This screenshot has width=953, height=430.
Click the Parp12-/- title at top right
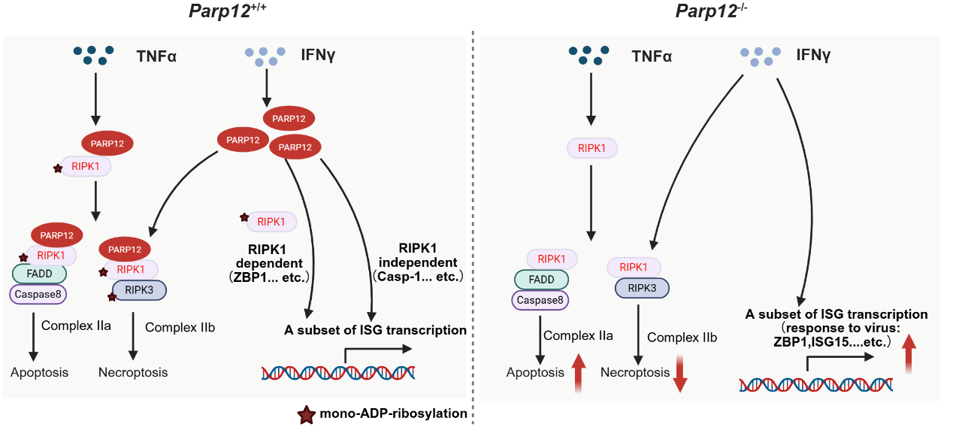[711, 12]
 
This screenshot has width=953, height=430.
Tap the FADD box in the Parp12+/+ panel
[39, 274]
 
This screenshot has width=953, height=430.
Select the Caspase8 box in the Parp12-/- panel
[540, 300]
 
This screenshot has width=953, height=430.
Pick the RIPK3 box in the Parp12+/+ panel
[139, 289]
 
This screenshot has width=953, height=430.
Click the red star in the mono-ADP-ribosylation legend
[307, 414]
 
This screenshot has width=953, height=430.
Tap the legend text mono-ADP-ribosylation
[393, 414]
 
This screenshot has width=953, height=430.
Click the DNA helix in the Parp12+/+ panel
[337, 371]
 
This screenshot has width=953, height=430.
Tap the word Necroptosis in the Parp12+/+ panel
[133, 372]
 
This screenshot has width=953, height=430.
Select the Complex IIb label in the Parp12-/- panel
[682, 338]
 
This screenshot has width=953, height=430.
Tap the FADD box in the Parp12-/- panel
[541, 280]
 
